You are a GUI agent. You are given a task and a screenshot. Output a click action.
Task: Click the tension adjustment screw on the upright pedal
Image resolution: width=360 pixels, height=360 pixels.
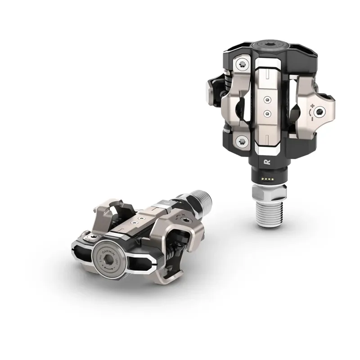tap(319, 112)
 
